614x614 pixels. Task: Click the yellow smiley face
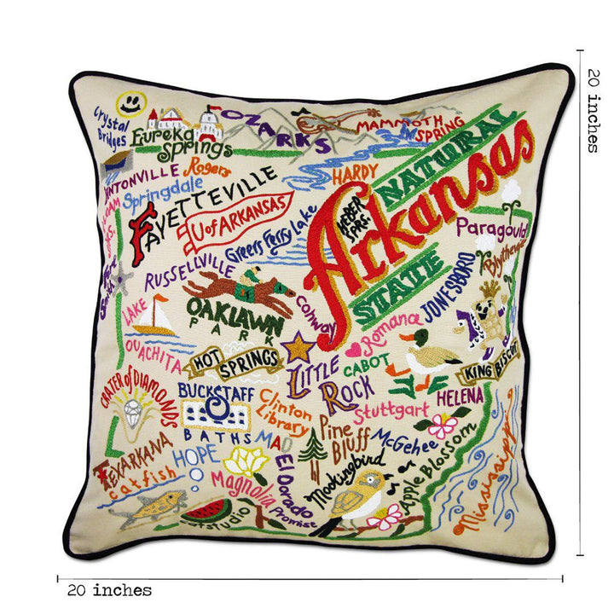tap(129, 104)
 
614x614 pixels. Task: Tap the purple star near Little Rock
tap(298, 347)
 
